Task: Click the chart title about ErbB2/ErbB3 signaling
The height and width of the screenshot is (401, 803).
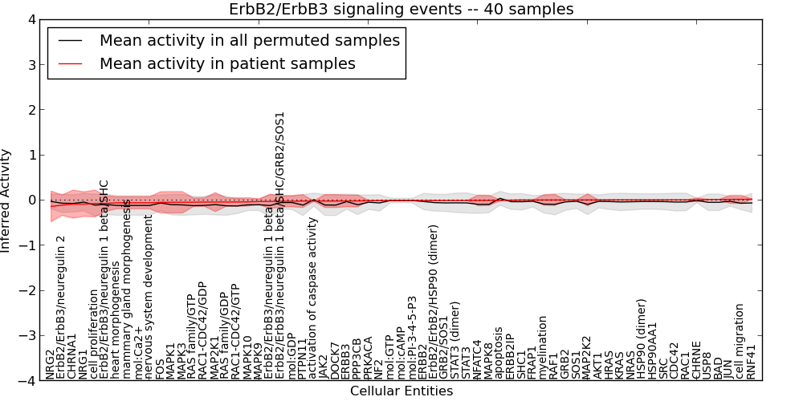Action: [401, 10]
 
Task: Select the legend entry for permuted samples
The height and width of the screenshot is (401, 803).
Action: [249, 40]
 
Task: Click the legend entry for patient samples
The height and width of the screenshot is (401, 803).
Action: [227, 63]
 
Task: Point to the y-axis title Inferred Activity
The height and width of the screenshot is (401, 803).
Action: [6, 200]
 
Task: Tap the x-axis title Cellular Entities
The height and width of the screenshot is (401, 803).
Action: [401, 391]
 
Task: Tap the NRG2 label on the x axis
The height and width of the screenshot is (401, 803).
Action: [50, 364]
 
